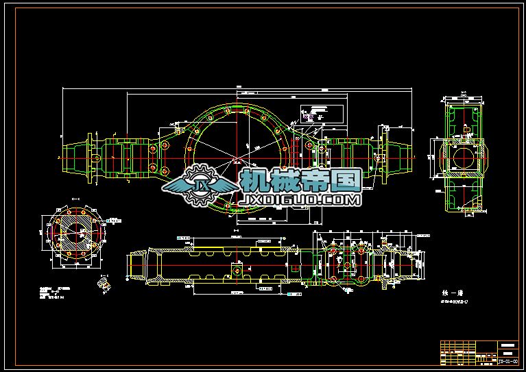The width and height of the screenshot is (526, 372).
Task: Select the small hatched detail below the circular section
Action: click(x=104, y=282)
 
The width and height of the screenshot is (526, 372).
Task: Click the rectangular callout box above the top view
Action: click(x=315, y=113)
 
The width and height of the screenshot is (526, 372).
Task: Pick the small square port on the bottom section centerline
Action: click(x=237, y=270)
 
